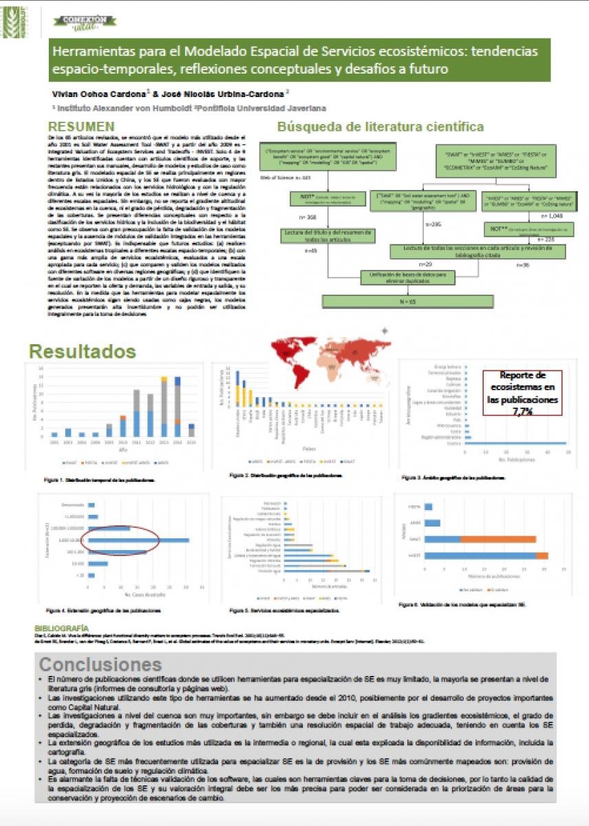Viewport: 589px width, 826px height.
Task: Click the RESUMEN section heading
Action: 81,127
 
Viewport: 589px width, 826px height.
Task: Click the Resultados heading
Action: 82,351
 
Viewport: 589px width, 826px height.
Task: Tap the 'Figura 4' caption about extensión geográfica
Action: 103,610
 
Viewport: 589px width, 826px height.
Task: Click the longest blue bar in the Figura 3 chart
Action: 515,443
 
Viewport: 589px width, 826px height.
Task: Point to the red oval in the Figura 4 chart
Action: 120,539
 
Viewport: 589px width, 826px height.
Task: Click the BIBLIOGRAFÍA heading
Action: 61,628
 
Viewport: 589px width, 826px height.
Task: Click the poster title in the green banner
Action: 299,60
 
